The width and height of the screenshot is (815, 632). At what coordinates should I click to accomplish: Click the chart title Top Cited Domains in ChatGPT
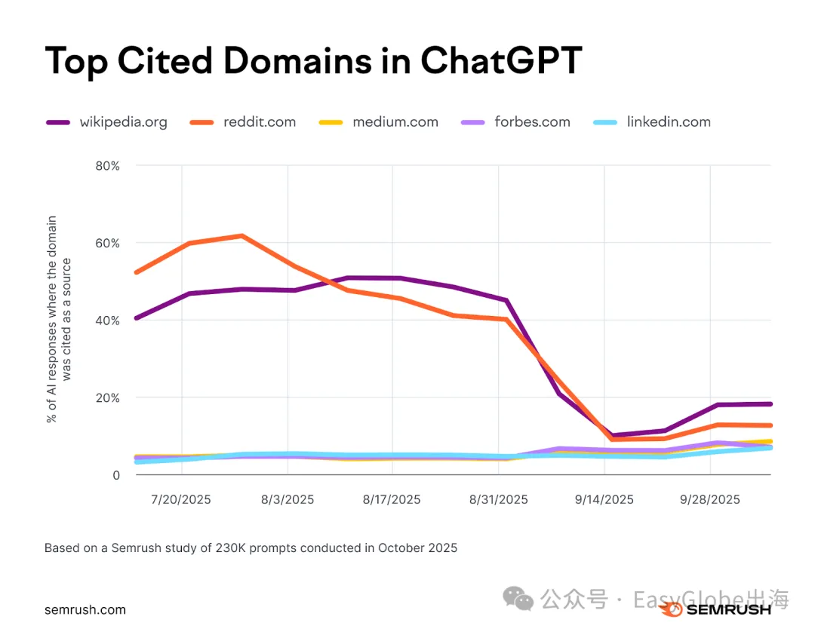pyautogui.click(x=313, y=60)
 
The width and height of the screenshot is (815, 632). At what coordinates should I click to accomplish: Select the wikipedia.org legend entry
pyautogui.click(x=123, y=121)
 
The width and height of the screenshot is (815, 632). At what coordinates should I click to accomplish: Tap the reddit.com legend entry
pyautogui.click(x=260, y=121)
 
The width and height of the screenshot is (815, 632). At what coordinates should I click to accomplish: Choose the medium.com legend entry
pyautogui.click(x=395, y=121)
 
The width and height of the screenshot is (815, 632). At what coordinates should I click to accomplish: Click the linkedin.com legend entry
pyautogui.click(x=669, y=121)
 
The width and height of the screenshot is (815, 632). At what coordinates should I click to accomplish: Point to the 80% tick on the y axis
pyautogui.click(x=107, y=166)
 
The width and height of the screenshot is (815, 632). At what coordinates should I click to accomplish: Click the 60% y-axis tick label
pyautogui.click(x=107, y=243)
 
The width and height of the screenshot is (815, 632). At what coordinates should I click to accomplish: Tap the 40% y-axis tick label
pyautogui.click(x=107, y=321)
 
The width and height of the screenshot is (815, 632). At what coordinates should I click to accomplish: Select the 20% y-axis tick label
pyautogui.click(x=107, y=397)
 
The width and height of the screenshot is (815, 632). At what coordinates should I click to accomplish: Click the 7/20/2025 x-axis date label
pyautogui.click(x=181, y=499)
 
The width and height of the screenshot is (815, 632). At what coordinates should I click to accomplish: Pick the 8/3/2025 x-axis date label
pyautogui.click(x=287, y=499)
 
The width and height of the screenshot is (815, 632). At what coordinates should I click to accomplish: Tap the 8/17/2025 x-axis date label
pyautogui.click(x=392, y=499)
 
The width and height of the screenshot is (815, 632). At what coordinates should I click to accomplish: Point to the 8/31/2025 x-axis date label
pyautogui.click(x=498, y=499)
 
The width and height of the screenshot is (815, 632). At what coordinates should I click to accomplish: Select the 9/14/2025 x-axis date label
pyautogui.click(x=604, y=499)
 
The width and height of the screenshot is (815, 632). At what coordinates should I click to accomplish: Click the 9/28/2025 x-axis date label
pyautogui.click(x=709, y=499)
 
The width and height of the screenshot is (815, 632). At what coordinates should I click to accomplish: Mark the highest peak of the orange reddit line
pyautogui.click(x=241, y=236)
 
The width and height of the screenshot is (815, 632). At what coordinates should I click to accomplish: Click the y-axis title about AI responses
pyautogui.click(x=60, y=319)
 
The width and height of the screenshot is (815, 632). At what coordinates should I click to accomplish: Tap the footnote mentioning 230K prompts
pyautogui.click(x=251, y=548)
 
